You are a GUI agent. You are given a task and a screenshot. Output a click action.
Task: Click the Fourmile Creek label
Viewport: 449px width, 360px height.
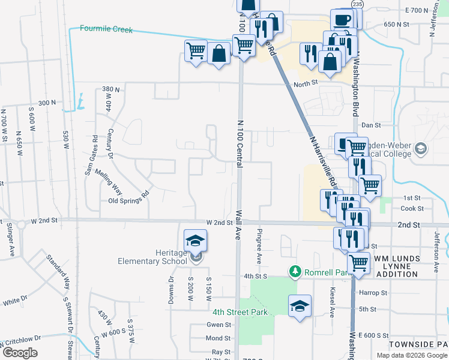106,29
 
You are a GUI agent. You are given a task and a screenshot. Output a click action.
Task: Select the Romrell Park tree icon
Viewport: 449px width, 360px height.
295,272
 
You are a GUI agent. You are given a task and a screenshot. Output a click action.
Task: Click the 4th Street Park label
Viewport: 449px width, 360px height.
240,312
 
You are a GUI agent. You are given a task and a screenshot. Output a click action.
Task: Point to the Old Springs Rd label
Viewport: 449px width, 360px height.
128,199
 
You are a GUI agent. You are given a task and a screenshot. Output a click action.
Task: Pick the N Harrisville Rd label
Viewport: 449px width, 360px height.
323,161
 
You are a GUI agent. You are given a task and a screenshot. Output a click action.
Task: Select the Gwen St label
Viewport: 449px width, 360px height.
219,325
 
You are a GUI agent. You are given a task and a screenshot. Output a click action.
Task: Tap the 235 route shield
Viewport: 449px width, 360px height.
358,4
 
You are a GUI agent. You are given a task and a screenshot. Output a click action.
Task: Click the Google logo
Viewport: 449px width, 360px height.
20,353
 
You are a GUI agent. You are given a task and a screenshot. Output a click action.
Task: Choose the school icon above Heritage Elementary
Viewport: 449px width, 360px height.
196,241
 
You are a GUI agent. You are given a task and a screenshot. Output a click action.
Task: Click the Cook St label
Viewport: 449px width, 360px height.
412,208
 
